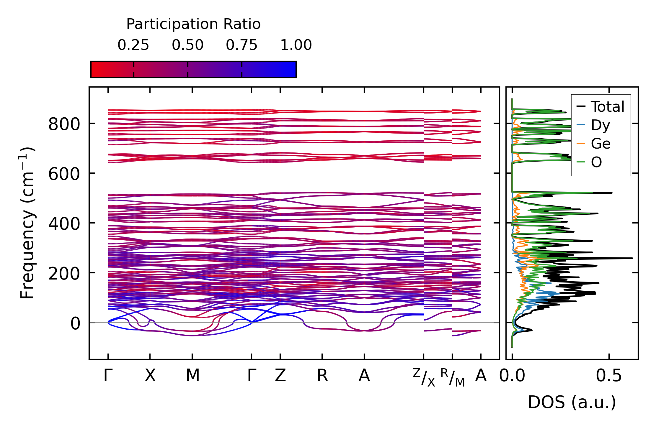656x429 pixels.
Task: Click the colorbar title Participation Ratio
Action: click(193, 24)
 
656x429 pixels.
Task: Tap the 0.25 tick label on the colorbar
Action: click(133, 45)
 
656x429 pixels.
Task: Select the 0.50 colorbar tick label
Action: click(187, 45)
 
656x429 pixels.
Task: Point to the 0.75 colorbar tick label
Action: click(241, 45)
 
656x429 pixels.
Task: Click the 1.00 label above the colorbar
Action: click(296, 45)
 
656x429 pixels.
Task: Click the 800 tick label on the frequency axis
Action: click(64, 124)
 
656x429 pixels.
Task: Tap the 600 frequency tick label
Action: click(64, 174)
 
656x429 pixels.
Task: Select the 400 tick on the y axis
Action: click(64, 224)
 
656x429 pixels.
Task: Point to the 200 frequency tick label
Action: click(64, 274)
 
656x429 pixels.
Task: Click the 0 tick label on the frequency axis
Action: click(75, 323)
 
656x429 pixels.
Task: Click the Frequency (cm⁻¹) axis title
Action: click(27, 223)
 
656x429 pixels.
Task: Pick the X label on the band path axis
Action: click(150, 376)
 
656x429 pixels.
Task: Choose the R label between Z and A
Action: click(322, 376)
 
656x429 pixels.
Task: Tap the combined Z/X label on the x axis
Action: click(424, 377)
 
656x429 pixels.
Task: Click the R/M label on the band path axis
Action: click(453, 377)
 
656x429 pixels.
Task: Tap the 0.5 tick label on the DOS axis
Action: click(608, 376)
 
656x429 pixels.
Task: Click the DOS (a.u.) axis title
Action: click(572, 402)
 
